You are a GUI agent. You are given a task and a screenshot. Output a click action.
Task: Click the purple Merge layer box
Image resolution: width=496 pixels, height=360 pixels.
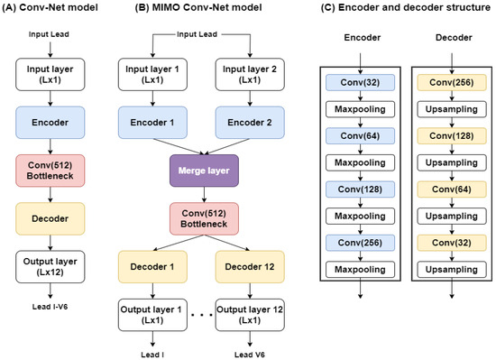[x=204, y=171]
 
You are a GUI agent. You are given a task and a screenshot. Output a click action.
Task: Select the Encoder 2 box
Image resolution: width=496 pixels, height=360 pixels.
[x=250, y=123]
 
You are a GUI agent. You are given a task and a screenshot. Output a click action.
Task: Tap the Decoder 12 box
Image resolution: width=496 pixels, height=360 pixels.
[x=250, y=267]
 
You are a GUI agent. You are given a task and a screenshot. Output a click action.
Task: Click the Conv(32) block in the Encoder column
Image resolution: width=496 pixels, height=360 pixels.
[x=361, y=83]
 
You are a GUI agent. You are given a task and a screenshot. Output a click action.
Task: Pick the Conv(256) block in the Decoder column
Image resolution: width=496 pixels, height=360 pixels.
[x=452, y=83]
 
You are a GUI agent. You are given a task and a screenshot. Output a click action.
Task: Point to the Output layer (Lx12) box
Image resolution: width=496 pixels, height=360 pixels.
[x=51, y=267]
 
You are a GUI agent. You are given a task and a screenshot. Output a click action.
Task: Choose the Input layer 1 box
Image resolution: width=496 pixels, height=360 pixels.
[x=152, y=74]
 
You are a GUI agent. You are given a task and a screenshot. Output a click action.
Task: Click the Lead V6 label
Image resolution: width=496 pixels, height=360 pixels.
[x=250, y=355]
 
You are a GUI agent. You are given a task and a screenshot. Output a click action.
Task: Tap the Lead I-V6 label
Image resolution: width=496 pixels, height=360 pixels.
[x=50, y=307]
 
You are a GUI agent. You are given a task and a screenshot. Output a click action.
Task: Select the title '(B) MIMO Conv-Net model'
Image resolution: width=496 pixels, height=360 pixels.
[x=198, y=7]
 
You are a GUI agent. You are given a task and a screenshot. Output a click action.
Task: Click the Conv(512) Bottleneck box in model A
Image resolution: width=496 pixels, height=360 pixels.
[x=51, y=171]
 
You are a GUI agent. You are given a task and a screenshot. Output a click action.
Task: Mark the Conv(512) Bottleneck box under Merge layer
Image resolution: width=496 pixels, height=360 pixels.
[x=204, y=218]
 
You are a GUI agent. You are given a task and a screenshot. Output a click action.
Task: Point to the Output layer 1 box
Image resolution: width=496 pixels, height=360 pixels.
[x=152, y=315]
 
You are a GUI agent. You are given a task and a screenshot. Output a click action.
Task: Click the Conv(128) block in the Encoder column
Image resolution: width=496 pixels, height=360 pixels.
[x=361, y=189]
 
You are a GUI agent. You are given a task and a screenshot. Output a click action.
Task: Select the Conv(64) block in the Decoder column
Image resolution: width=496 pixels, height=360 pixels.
[x=452, y=189]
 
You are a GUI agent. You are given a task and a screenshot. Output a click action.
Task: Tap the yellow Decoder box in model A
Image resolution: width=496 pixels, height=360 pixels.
[x=51, y=218]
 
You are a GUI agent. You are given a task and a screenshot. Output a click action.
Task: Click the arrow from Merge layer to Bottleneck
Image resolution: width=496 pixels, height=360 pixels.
[x=204, y=195]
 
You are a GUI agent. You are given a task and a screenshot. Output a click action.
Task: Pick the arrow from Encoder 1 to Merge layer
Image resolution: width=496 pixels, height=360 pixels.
[x=178, y=146]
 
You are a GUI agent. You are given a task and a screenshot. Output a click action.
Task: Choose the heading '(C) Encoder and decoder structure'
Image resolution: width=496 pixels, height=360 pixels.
[x=406, y=7]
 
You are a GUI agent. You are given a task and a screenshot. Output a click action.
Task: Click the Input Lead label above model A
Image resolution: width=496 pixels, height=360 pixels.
[x=49, y=34]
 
